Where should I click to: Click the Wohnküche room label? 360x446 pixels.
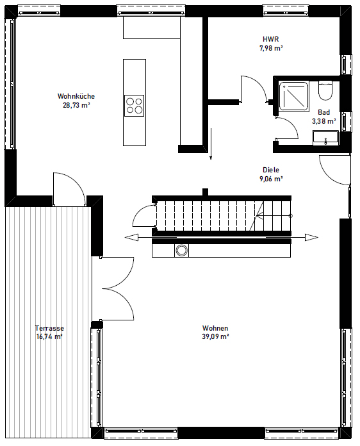pos(76,97)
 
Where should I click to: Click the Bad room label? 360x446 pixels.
pos(324,111)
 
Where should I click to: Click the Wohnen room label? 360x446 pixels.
pos(215,327)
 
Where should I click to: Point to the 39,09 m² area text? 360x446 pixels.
pos(215,336)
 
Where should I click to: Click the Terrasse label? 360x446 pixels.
pos(49,327)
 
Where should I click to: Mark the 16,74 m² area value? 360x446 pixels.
pos(49,336)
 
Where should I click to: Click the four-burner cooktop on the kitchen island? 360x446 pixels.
pos(135,105)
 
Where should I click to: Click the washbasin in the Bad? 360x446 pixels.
pos(325,136)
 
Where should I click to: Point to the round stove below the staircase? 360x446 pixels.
pos(182,251)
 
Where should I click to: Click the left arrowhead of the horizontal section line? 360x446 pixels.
pos(131,238)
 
